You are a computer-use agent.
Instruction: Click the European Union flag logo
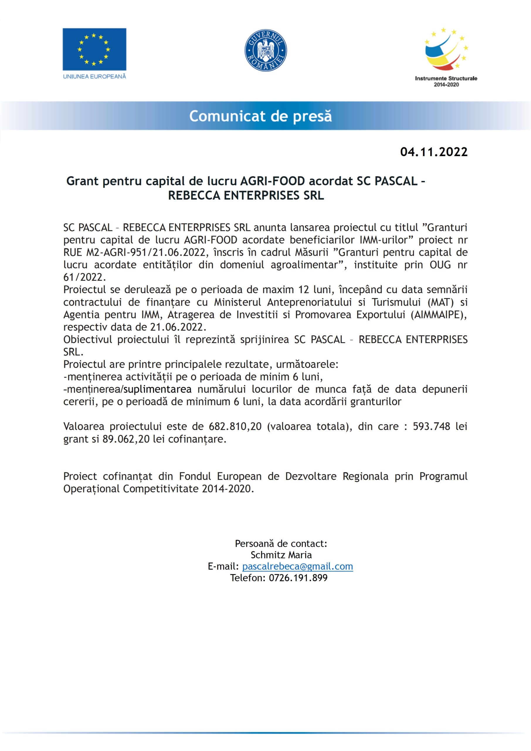point(94,49)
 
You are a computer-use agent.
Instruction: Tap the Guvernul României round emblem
point(266,50)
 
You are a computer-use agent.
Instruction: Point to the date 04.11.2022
point(434,152)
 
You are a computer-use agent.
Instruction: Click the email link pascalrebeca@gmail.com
point(298,566)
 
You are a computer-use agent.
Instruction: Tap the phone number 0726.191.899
point(298,578)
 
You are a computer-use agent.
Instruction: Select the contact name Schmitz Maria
point(281,555)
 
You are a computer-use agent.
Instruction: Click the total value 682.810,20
point(235,427)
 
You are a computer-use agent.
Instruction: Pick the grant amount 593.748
point(432,427)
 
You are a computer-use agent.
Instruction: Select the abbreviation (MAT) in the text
point(440,302)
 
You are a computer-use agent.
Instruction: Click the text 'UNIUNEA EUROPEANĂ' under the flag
point(94,77)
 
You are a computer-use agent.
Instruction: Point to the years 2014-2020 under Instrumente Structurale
point(446,85)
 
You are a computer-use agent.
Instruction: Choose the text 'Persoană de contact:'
point(281,544)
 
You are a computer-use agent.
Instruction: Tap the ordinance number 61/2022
point(84,278)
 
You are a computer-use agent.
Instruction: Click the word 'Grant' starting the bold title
point(83,181)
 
